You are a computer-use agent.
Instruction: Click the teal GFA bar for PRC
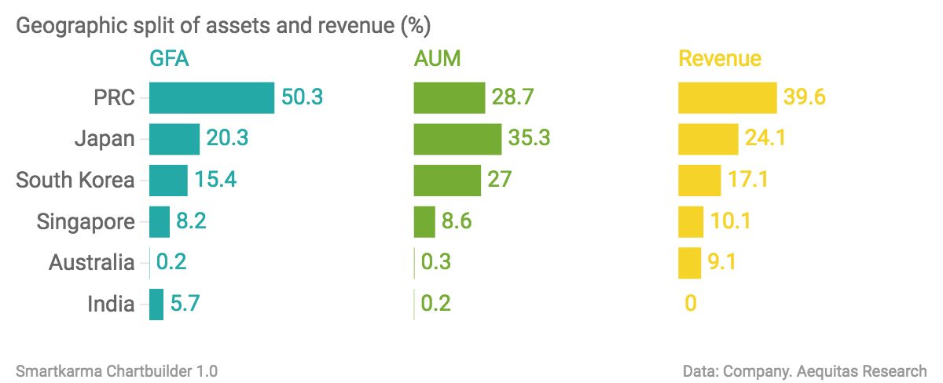point(211,98)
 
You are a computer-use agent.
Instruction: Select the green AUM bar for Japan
point(457,139)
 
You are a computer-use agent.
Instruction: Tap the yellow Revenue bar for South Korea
point(699,181)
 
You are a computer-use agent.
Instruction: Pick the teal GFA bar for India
point(156,304)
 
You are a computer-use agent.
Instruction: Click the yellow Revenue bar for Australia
point(689,263)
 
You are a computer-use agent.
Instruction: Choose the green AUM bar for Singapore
point(424,221)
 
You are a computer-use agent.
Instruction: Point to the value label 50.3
point(303,98)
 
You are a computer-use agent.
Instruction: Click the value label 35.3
point(529,139)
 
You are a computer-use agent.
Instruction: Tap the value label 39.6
point(804,98)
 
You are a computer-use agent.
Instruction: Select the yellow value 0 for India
point(690,304)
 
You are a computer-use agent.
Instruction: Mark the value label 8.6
point(457,221)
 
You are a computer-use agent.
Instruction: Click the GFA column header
point(169,59)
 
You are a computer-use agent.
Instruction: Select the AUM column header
point(437,59)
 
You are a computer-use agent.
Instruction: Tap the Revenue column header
point(720,59)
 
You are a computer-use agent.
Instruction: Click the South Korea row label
point(75,181)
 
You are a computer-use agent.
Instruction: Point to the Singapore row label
point(86,221)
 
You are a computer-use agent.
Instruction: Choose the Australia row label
point(91,263)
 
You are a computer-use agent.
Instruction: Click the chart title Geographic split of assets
point(223,26)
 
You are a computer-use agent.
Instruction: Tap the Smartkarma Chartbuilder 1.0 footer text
point(117,370)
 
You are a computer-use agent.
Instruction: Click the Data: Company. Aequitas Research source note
point(805,370)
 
